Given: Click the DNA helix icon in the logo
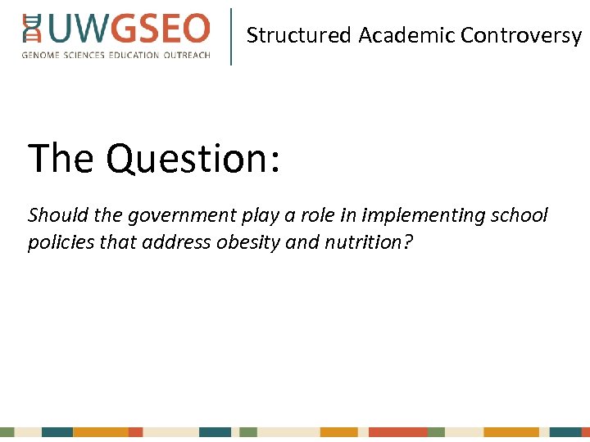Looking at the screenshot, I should pyautogui.click(x=32, y=28).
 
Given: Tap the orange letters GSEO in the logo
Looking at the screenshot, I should pyautogui.click(x=161, y=29).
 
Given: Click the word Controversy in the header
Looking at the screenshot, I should pyautogui.click(x=520, y=35).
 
